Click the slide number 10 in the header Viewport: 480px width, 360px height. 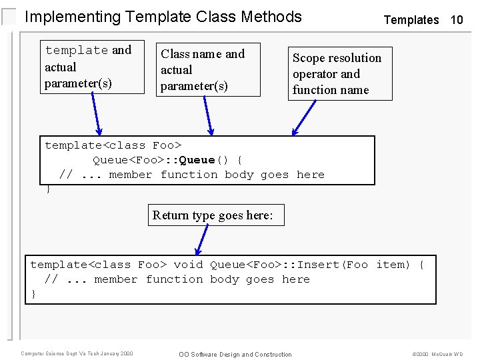pos(457,20)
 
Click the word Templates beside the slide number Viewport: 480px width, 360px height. pos(411,20)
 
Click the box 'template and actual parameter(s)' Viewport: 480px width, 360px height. pos(92,67)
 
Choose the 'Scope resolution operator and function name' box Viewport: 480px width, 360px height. pos(339,73)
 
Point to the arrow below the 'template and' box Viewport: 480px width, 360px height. pos(97,113)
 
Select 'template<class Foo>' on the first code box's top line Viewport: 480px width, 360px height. pos(113,145)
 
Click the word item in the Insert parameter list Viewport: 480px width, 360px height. pos(393,265)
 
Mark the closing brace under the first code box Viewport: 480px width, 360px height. pos(48,189)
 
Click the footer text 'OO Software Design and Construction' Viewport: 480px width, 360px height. pos(235,354)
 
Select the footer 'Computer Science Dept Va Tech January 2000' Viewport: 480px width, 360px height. pos(77,353)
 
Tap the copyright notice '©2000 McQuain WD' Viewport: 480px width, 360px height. pos(437,354)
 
